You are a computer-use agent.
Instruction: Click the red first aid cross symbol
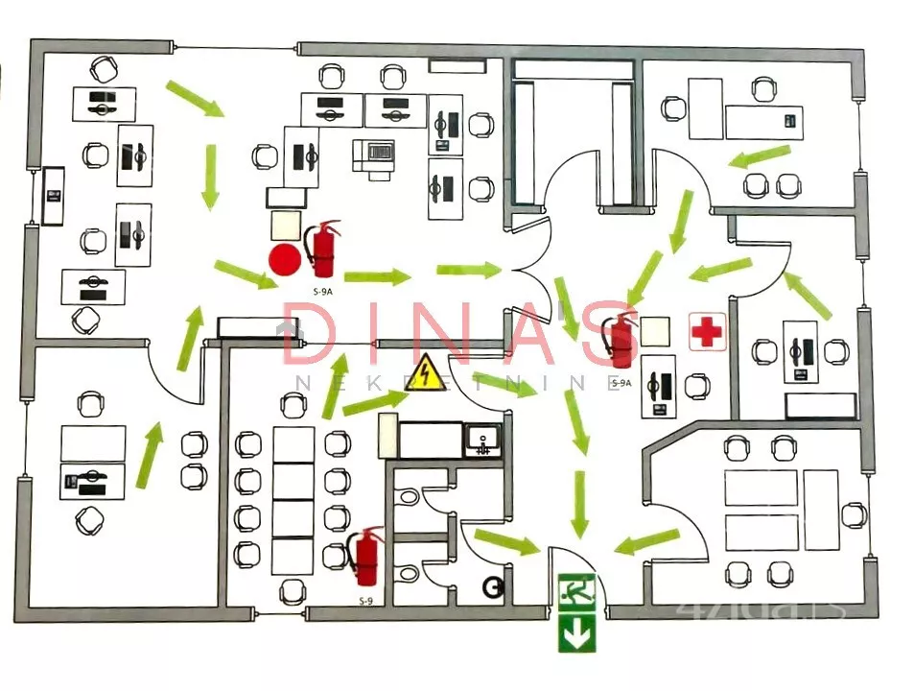coord(708,332)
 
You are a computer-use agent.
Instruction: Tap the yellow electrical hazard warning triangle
coord(428,372)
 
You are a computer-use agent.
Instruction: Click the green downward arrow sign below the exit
coord(576,632)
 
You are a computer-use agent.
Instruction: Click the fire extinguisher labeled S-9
coord(365,557)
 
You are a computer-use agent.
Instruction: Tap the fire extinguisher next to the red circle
coord(322,249)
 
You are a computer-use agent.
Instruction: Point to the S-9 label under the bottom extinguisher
coord(365,602)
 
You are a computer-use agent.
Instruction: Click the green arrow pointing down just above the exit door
coord(578,504)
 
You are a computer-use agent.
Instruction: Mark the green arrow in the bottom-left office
coord(149,453)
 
